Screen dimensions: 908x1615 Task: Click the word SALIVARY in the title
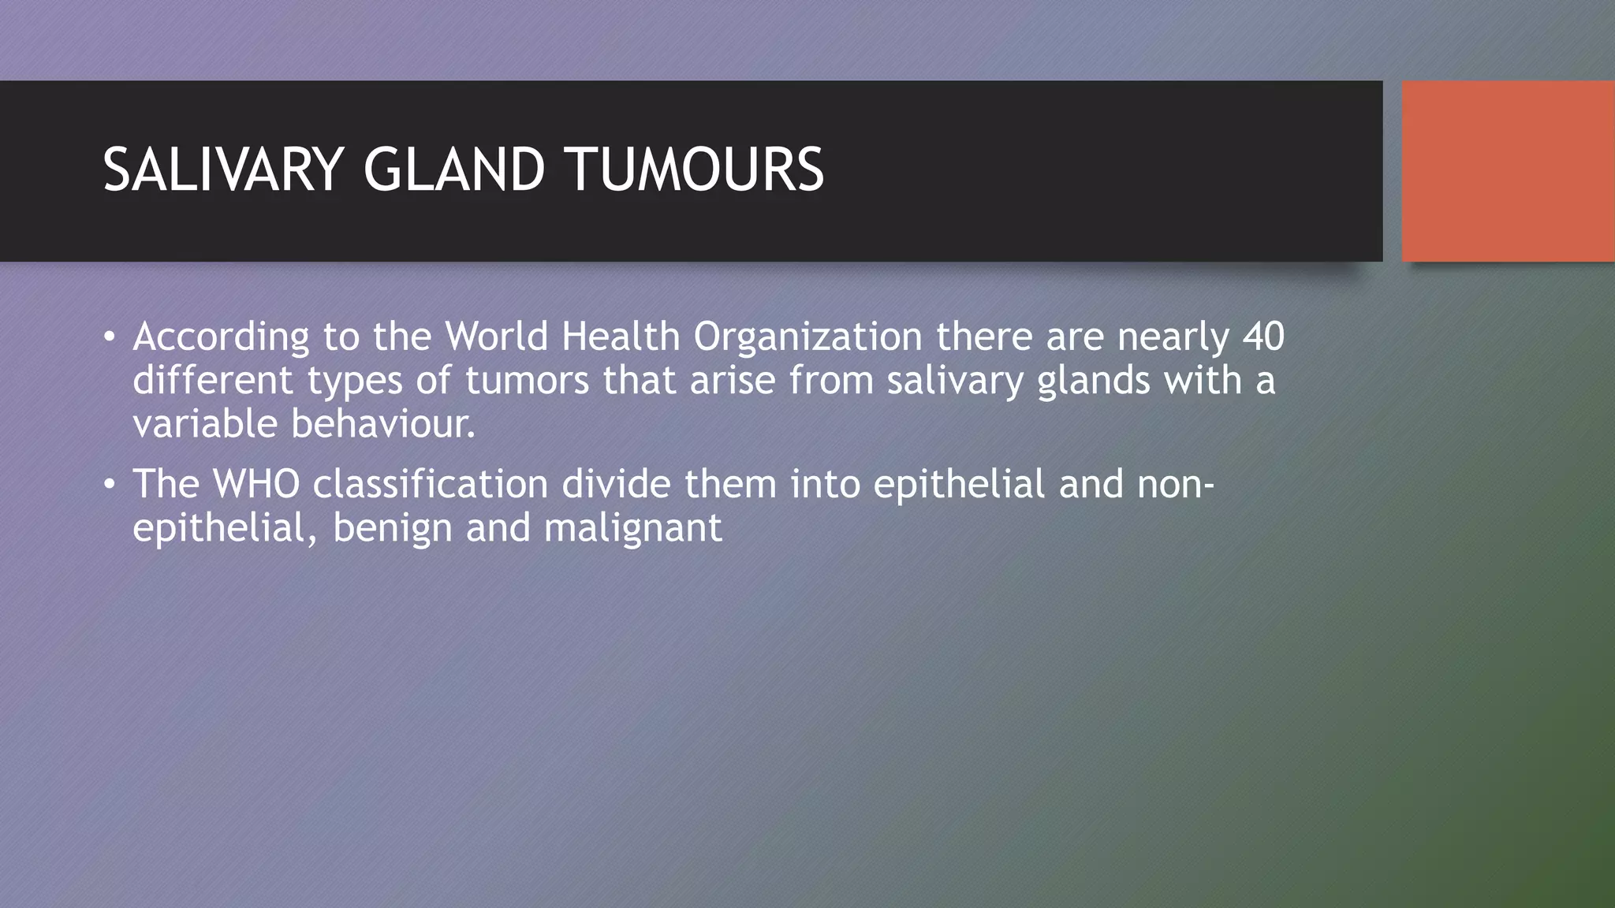click(222, 170)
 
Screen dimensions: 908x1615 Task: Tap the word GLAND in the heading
click(453, 170)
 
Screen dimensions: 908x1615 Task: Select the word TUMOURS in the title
click(694, 170)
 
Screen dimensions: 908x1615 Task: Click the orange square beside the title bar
click(1508, 171)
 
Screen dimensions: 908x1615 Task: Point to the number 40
click(1263, 337)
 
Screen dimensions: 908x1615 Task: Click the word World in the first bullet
click(496, 337)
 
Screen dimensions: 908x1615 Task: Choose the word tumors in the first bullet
click(527, 381)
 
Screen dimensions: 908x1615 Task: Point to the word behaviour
click(383, 424)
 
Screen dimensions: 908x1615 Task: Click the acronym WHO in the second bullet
click(256, 483)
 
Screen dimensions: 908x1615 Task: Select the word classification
click(431, 483)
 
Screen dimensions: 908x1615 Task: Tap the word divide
click(616, 483)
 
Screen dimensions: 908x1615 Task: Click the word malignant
click(632, 528)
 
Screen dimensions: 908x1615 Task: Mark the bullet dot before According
click(110, 338)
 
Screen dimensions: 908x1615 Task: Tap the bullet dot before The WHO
click(110, 485)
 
